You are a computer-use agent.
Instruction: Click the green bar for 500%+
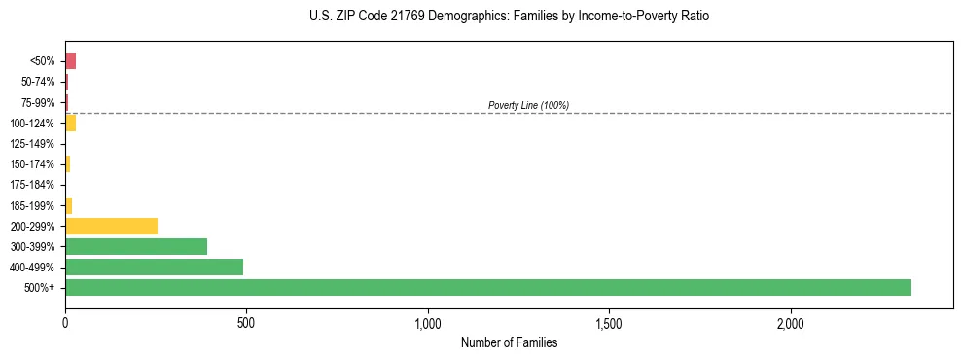(487, 287)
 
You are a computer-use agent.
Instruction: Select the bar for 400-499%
(154, 267)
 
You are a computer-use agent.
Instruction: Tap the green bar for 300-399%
(136, 246)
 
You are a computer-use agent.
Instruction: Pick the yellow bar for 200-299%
(111, 226)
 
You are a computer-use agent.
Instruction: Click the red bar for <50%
(70, 61)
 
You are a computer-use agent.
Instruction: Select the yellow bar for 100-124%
(70, 123)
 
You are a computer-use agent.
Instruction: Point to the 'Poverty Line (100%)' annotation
(528, 105)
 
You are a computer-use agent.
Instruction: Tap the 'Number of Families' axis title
(509, 342)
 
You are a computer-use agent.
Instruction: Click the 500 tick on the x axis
(246, 322)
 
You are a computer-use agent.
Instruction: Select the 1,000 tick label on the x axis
(428, 322)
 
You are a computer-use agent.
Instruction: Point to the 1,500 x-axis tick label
(609, 322)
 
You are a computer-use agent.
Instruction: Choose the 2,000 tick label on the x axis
(791, 322)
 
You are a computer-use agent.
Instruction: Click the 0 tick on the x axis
(65, 322)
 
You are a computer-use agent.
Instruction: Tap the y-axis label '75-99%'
(38, 102)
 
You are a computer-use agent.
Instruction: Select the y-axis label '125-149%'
(32, 144)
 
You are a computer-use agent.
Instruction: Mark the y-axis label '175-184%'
(32, 185)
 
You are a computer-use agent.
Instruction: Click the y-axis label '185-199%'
(32, 205)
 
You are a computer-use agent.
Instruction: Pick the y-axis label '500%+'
(40, 288)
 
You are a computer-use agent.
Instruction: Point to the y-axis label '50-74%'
(38, 82)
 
